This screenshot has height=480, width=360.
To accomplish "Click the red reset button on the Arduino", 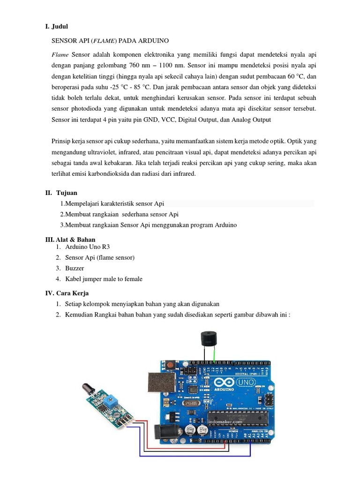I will pyautogui.click(x=174, y=365).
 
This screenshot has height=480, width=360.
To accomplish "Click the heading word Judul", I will pyautogui.click(x=60, y=27).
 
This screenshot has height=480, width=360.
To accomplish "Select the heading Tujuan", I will pyautogui.click(x=67, y=193).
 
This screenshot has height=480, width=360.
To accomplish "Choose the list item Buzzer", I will pyautogui.click(x=75, y=268).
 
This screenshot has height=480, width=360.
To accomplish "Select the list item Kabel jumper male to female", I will pyautogui.click(x=104, y=279).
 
